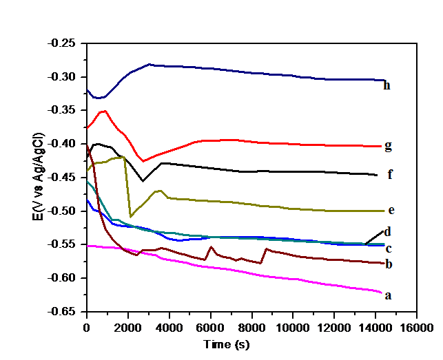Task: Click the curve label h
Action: coord(387,86)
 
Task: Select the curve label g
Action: coord(389,146)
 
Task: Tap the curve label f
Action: coord(390,175)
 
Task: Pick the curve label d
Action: coord(388,231)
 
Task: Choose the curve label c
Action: coord(389,248)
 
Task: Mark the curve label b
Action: coord(389,264)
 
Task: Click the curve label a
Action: coord(389,295)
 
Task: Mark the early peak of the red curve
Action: coord(104,111)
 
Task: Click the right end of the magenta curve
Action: coord(380,292)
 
